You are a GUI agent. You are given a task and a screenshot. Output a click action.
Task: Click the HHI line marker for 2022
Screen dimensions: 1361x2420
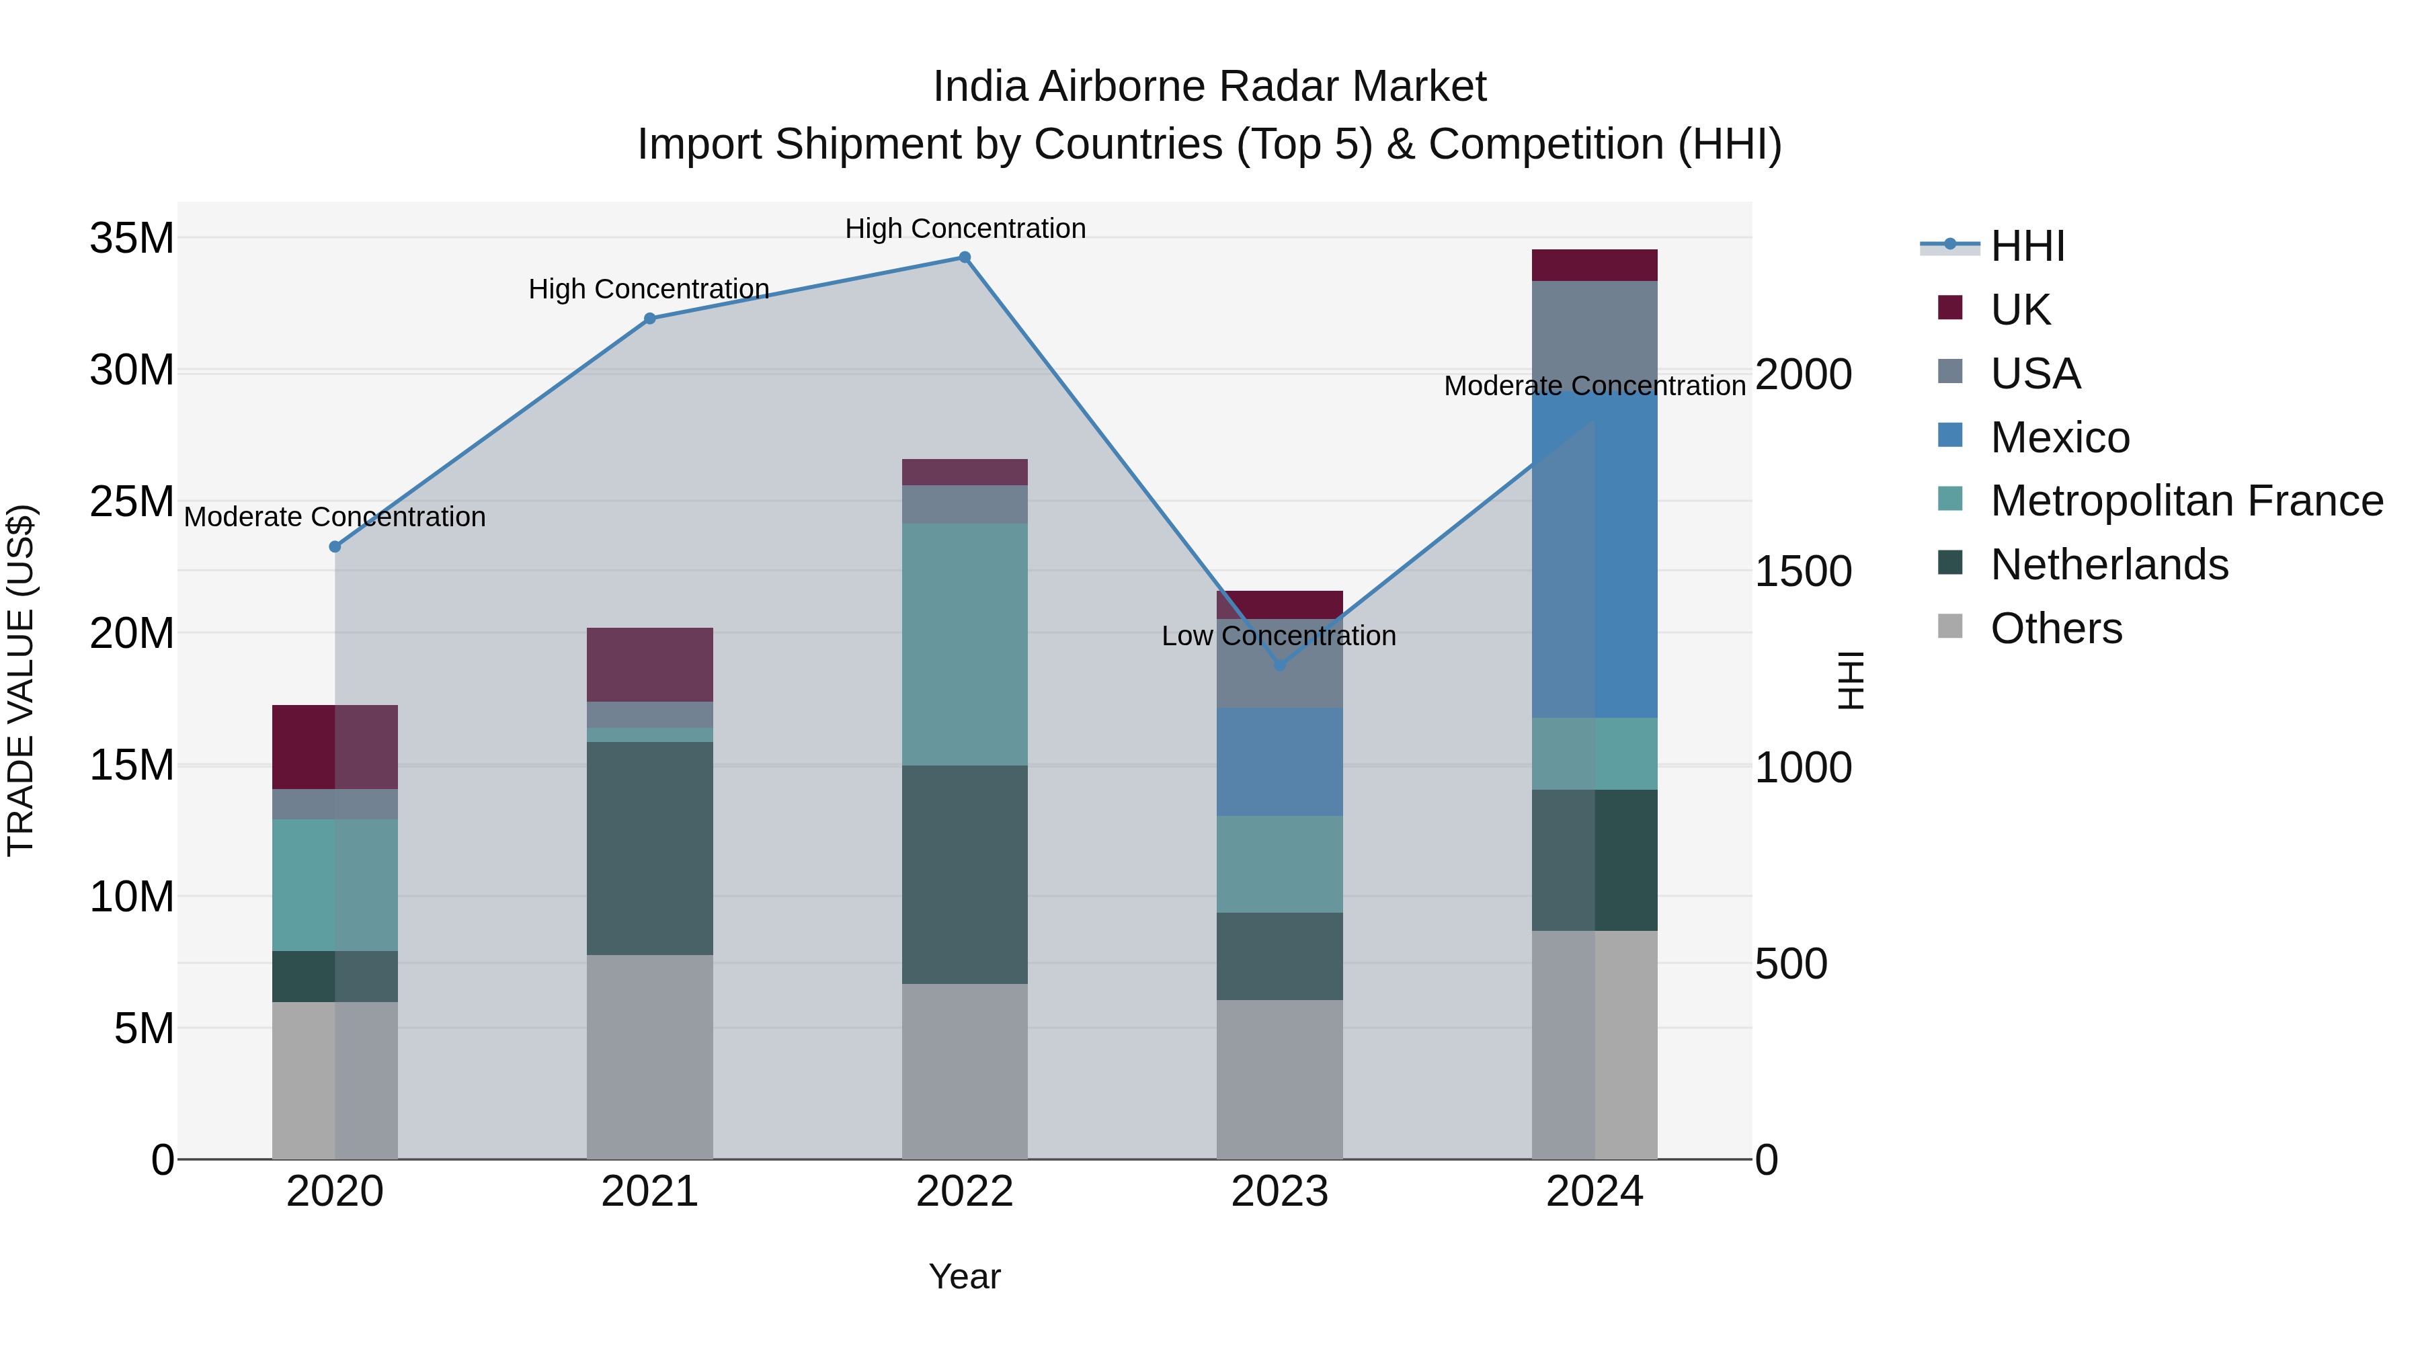[964, 257]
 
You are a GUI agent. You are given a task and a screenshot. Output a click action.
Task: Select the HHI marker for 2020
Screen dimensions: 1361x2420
[335, 546]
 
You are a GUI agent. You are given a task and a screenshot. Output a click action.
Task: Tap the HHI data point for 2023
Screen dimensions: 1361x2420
[1279, 665]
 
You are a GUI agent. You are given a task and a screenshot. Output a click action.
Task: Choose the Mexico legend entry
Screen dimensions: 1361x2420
[2058, 438]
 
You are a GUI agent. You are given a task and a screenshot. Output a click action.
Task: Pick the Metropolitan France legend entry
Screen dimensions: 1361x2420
[2185, 501]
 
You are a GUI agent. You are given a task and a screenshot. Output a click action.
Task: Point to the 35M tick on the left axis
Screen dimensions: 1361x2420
[132, 239]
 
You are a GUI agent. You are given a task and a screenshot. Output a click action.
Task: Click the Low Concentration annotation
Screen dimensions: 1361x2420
[1278, 636]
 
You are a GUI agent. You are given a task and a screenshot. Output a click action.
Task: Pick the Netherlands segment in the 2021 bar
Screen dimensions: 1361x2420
[649, 848]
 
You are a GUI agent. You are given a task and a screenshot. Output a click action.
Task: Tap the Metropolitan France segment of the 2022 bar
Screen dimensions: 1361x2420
[964, 645]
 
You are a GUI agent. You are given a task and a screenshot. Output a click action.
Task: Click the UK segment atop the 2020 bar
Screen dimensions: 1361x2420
[335, 747]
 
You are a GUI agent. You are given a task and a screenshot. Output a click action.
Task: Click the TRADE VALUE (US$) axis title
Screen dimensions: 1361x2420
[21, 680]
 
